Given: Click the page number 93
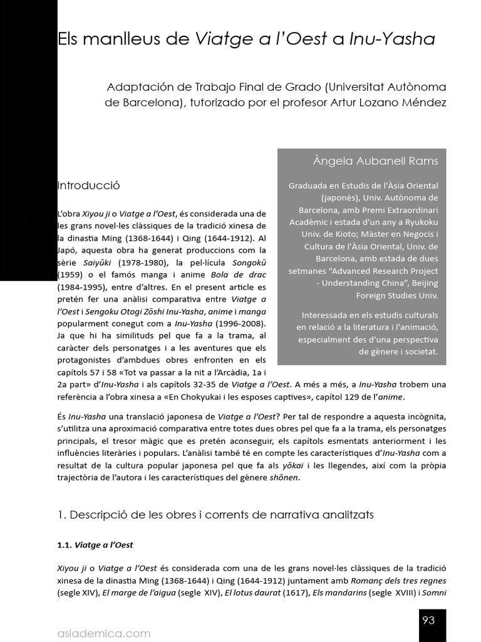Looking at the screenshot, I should [428, 621].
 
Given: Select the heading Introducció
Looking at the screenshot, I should [88, 186].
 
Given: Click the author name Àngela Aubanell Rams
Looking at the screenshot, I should [375, 161].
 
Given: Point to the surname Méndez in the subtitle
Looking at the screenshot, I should [425, 102].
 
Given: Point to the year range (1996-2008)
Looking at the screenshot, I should [238, 323].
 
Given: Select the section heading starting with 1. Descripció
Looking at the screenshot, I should [215, 515].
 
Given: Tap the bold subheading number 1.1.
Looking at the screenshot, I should [65, 545].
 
